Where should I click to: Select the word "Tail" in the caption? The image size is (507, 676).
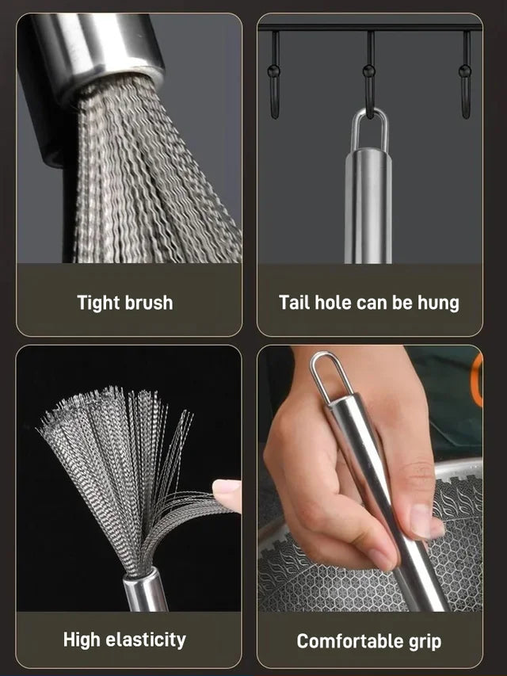294,302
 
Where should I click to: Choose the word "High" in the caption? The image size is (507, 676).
82,640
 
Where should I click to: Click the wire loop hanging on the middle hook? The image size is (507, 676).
369,131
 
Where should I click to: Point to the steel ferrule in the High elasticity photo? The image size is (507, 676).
145,590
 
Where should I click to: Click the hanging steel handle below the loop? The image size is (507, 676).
368,206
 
